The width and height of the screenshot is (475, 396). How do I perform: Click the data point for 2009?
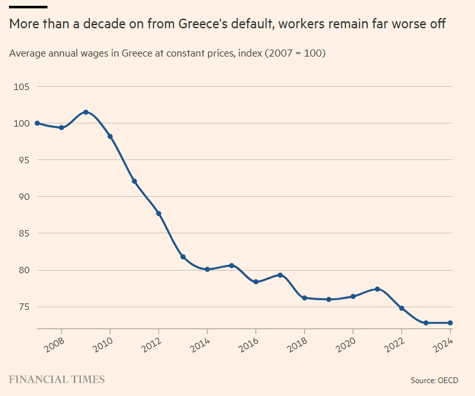click(x=85, y=113)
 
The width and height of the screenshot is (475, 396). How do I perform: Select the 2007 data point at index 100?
click(x=37, y=123)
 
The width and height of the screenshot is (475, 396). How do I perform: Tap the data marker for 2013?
click(x=183, y=257)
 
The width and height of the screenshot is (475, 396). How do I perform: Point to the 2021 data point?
click(x=377, y=289)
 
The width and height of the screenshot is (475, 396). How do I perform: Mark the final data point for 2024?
click(x=450, y=323)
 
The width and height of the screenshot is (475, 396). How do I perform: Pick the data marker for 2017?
click(x=280, y=275)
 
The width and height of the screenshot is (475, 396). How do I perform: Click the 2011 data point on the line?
click(x=134, y=181)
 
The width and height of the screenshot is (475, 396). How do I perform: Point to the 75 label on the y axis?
click(x=23, y=307)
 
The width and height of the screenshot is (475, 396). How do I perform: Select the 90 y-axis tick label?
click(x=23, y=197)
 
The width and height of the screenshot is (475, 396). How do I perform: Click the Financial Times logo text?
click(x=56, y=379)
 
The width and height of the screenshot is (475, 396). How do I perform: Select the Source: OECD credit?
click(x=435, y=381)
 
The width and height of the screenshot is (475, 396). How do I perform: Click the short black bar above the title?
click(x=28, y=7)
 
